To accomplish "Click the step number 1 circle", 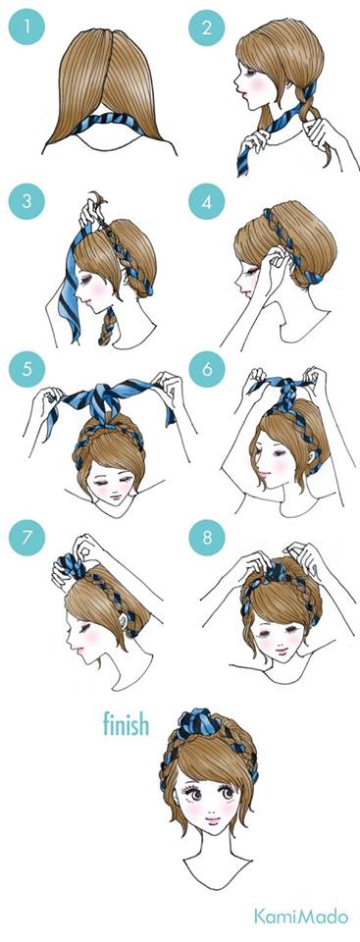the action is [x=26, y=27].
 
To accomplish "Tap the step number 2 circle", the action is [x=206, y=27].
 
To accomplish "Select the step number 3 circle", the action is [x=26, y=200].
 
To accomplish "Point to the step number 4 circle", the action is [x=206, y=201].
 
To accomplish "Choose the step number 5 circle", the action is [x=26, y=368].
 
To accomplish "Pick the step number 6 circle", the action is [x=206, y=369].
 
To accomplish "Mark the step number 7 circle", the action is [x=26, y=537].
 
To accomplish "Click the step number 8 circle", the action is [x=206, y=537].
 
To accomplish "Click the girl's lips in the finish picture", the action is [x=214, y=818].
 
